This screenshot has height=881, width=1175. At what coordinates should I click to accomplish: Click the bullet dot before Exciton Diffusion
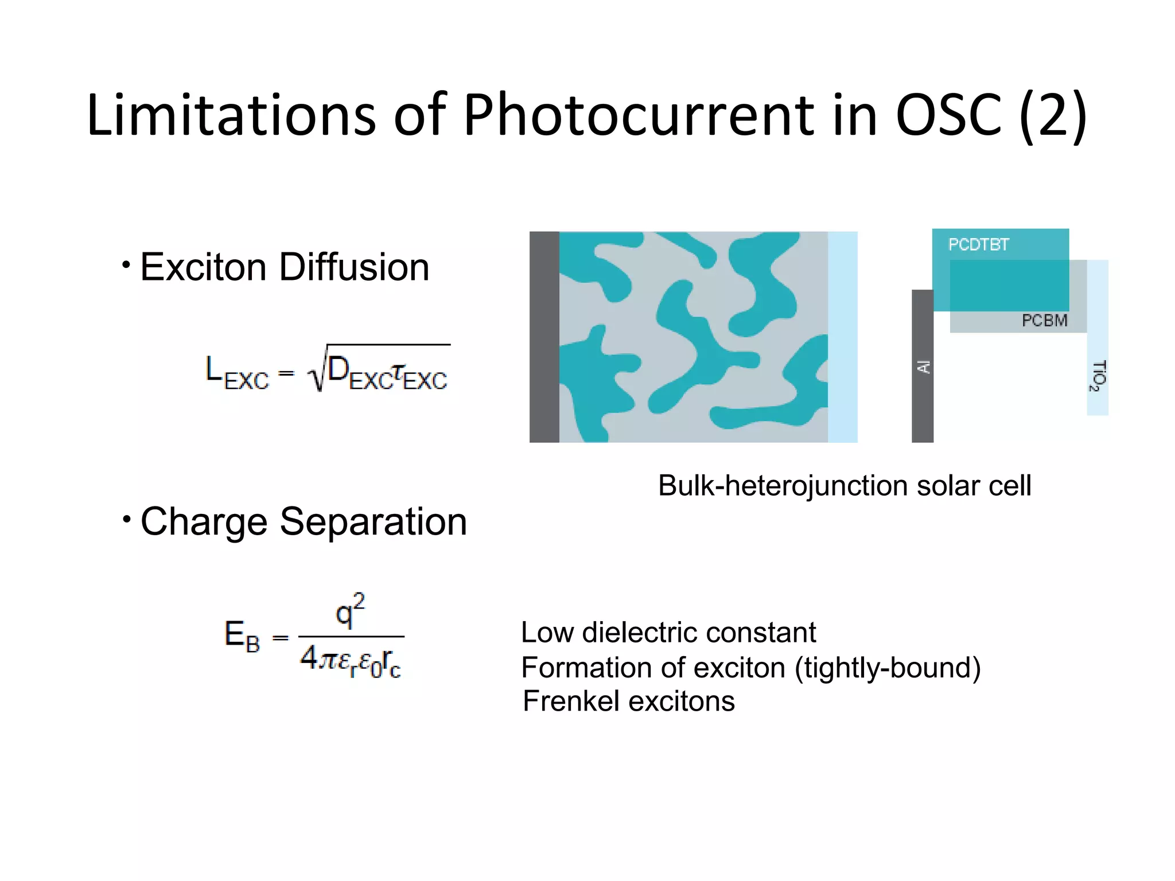click(126, 265)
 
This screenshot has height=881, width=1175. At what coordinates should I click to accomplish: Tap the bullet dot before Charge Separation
click(126, 520)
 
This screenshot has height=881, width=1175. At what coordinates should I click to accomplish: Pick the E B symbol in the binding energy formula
click(242, 637)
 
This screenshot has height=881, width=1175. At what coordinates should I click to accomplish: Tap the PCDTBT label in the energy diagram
click(978, 245)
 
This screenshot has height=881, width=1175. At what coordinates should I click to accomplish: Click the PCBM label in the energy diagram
click(1044, 321)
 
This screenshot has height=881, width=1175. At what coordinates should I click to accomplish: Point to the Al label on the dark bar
click(923, 367)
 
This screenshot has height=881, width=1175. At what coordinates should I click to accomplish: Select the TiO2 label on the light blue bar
click(1097, 376)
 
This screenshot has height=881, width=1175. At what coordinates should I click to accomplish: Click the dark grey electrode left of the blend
click(544, 337)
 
